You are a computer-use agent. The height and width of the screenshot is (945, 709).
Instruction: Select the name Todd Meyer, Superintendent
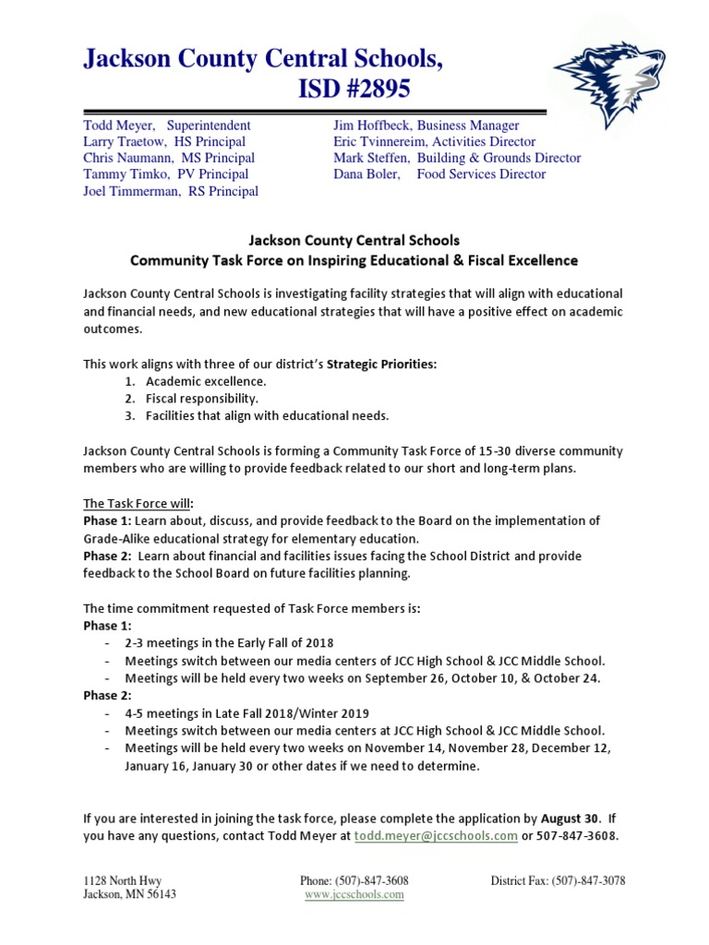[167, 125]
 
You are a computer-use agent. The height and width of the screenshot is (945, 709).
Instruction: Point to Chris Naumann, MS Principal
[169, 158]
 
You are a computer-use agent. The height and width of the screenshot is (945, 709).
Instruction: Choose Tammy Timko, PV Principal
[166, 173]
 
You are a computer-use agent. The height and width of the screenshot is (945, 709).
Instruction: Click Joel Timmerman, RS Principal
[171, 191]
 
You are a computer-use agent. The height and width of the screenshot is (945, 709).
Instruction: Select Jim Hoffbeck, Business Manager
[426, 125]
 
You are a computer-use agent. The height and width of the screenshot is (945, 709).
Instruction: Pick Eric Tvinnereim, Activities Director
[434, 141]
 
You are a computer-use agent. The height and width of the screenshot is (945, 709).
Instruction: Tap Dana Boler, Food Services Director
[439, 173]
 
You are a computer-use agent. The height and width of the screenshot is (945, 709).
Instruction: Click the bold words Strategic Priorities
[381, 365]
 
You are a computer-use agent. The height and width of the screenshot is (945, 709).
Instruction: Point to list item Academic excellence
[206, 381]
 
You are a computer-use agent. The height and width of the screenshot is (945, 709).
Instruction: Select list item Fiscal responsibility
[201, 399]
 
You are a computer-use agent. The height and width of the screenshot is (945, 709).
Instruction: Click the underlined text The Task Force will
[138, 503]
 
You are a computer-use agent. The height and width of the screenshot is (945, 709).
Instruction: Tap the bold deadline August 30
[570, 819]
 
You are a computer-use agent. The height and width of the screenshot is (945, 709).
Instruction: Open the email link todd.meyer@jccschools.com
[436, 836]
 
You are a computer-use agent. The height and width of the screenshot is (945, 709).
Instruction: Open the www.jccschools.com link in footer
[354, 894]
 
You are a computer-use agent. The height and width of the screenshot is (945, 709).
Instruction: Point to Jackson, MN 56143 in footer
[130, 894]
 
